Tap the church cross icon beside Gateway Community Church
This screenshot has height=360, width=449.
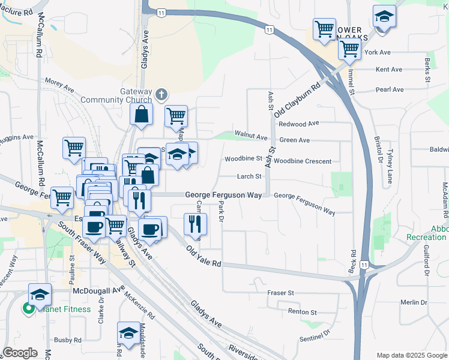coord(161,94)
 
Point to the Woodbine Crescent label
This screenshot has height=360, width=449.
coord(303,161)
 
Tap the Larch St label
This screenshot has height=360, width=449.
coord(249,176)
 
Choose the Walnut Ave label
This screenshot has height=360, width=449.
coord(251,137)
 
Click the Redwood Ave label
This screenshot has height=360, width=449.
coord(299,124)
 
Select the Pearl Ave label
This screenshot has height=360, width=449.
coord(390,89)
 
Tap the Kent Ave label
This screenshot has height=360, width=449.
coord(388,70)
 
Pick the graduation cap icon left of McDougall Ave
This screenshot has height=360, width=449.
coord(40,294)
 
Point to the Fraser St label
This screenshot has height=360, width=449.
coord(282,293)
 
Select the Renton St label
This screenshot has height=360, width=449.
coord(302,312)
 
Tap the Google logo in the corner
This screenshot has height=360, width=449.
coord(19,353)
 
